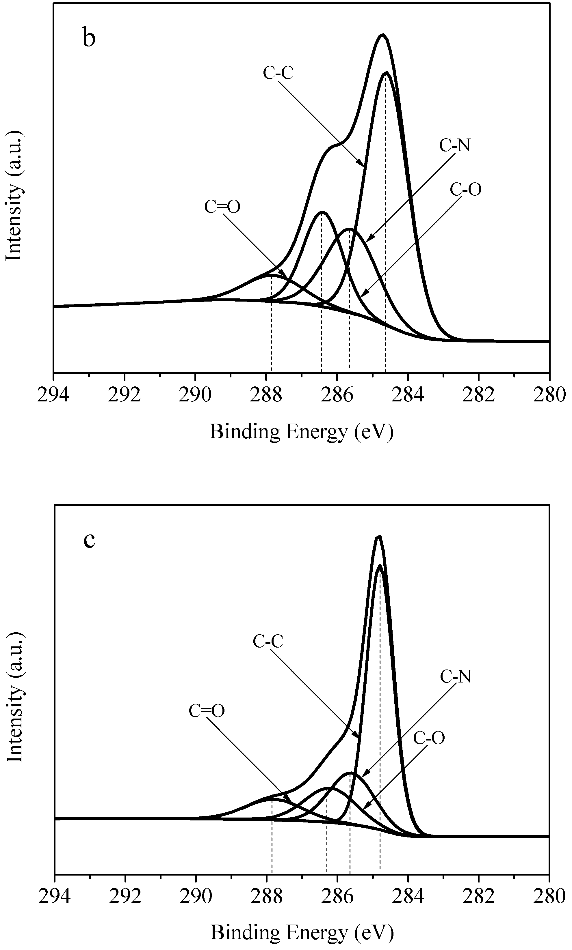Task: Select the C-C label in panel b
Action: (x=278, y=73)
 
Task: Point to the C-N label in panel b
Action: (x=455, y=146)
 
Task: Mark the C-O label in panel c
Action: (x=429, y=738)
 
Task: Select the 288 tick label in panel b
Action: (x=266, y=395)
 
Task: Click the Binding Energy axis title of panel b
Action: (x=301, y=432)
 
